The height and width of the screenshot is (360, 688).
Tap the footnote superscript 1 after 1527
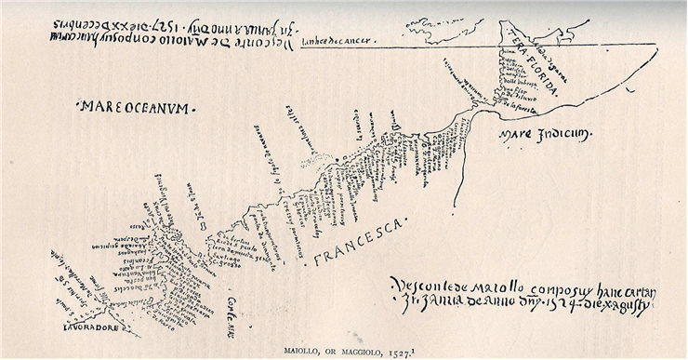412,349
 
